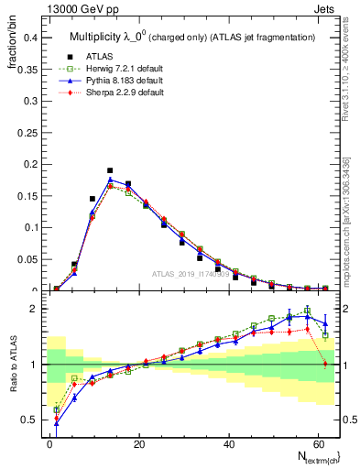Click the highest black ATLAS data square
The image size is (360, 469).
click(x=110, y=170)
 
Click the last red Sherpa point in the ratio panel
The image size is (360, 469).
click(x=324, y=365)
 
